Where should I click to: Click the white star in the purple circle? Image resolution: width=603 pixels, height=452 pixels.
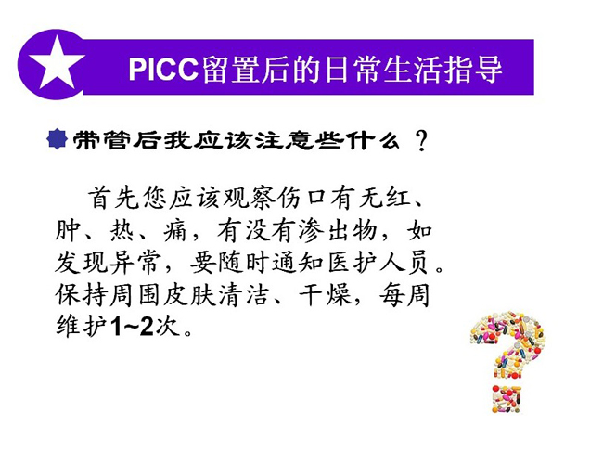point(57,63)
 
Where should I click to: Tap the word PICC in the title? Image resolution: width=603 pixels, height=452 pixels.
point(163,70)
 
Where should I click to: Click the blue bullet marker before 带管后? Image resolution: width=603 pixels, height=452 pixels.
point(57,139)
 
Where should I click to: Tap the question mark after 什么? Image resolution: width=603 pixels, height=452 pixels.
point(421,141)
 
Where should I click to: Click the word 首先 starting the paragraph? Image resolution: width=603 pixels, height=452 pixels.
point(113,198)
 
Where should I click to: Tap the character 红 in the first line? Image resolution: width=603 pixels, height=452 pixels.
point(398,198)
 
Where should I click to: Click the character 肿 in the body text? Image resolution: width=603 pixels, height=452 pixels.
point(68,231)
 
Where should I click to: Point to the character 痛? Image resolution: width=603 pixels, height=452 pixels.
point(175,231)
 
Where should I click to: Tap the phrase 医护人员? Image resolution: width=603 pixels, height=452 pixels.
point(378,263)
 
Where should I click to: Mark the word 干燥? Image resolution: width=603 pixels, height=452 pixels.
point(327,295)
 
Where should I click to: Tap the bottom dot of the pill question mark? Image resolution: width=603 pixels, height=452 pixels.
point(507,399)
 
